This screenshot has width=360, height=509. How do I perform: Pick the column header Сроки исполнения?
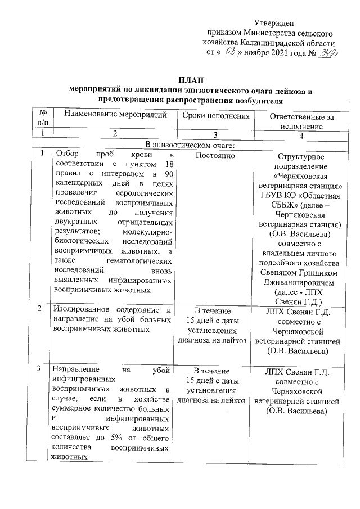[x=216, y=115]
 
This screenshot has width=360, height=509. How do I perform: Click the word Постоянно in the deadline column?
[x=216, y=155]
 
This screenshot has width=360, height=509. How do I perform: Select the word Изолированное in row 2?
[x=77, y=310]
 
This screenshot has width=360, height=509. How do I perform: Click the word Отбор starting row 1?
[x=64, y=155]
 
